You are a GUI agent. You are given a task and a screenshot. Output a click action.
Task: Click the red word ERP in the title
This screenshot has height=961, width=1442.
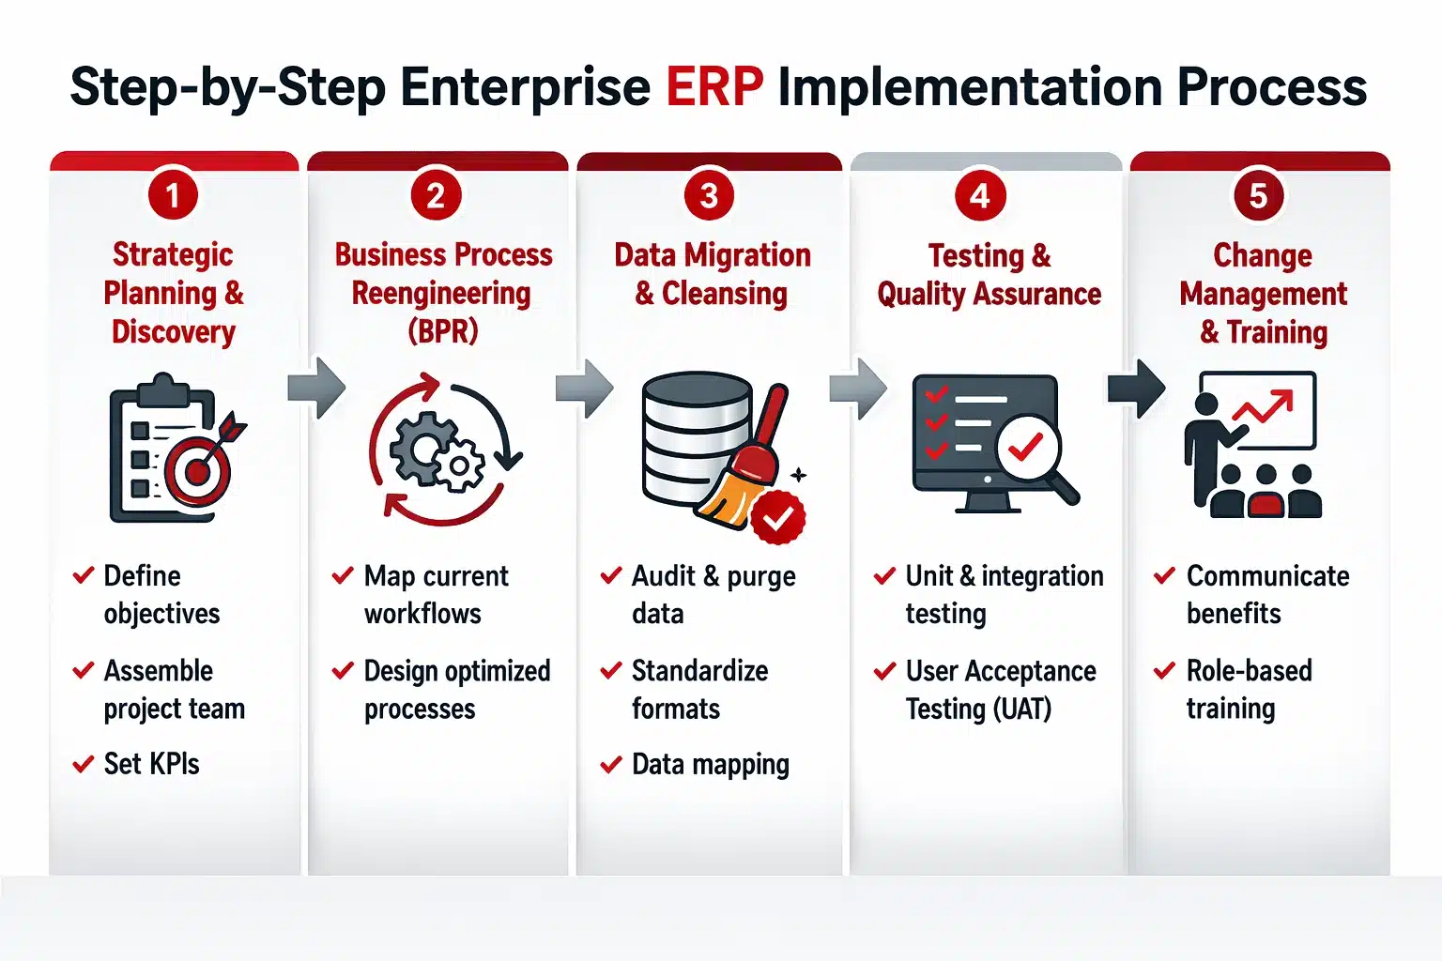pos(714,87)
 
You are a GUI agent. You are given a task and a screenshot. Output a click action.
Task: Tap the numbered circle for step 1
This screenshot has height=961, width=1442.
pos(173,195)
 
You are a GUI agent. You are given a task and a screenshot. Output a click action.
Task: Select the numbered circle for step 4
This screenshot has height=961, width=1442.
pos(980,195)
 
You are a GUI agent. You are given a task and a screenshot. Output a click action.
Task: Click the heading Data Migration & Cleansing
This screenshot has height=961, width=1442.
pos(712,274)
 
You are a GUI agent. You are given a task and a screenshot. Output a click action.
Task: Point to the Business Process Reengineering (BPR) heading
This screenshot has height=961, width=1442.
pos(443,293)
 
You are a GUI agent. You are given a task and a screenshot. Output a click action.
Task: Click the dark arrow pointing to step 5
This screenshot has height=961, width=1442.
pos(1137,388)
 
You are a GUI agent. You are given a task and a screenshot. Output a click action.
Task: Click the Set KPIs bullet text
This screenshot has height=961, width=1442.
pos(151,764)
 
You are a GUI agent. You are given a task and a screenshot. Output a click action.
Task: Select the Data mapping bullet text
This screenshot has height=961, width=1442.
pos(710,765)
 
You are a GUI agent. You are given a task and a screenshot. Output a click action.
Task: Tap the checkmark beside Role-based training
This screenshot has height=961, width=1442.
pos(1164,671)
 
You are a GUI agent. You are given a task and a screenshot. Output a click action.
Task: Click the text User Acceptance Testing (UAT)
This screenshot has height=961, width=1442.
pos(999,690)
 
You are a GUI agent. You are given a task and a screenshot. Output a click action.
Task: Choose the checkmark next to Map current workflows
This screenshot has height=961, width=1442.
pos(343,575)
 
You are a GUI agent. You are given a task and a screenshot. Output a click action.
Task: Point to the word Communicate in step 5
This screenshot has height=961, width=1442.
pos(1267,575)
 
